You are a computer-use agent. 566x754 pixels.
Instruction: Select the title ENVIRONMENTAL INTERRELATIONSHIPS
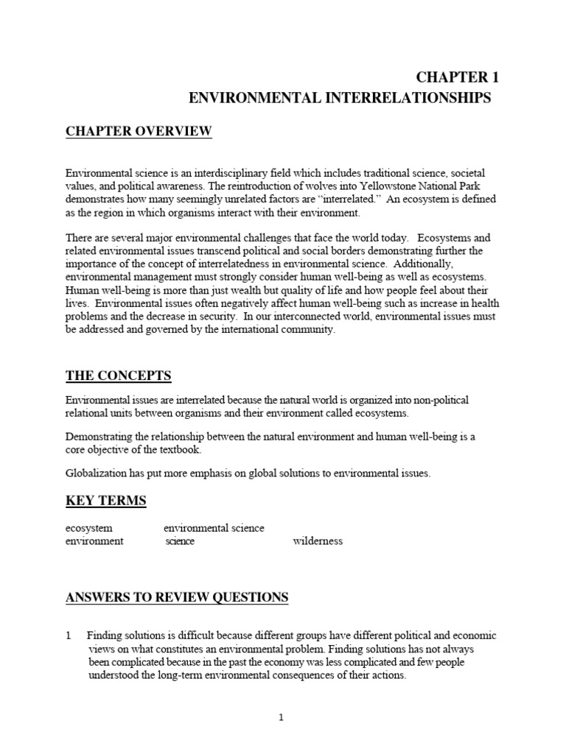pos(340,99)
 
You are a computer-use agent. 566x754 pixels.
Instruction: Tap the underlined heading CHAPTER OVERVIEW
pos(139,132)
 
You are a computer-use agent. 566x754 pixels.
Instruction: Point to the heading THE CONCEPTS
pos(119,376)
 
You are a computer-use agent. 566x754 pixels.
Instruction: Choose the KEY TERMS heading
pos(106,501)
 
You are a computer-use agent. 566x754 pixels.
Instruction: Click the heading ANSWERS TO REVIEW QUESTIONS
pos(177,597)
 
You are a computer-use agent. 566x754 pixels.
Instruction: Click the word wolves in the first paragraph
pos(320,186)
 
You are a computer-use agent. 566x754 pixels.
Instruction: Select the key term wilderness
pos(318,541)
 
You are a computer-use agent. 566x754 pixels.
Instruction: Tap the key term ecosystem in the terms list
pos(89,528)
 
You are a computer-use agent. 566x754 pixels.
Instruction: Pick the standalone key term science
pos(181,541)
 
